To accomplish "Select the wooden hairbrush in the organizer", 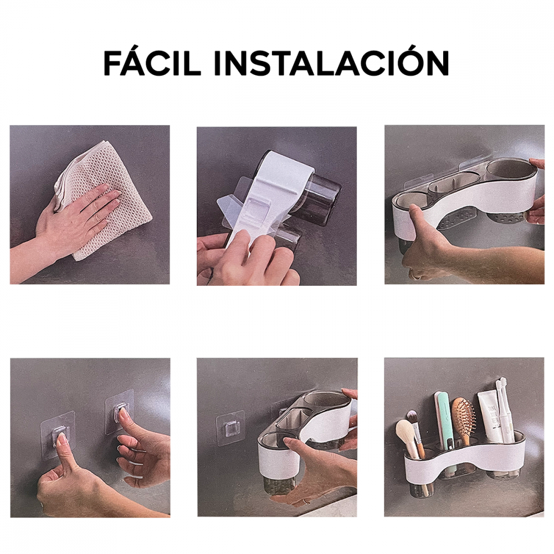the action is (463, 421).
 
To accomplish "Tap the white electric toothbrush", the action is (504, 410).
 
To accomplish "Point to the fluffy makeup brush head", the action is (405, 433).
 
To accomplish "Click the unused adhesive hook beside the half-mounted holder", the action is (231, 428).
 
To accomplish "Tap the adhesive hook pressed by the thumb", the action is (58, 435).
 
